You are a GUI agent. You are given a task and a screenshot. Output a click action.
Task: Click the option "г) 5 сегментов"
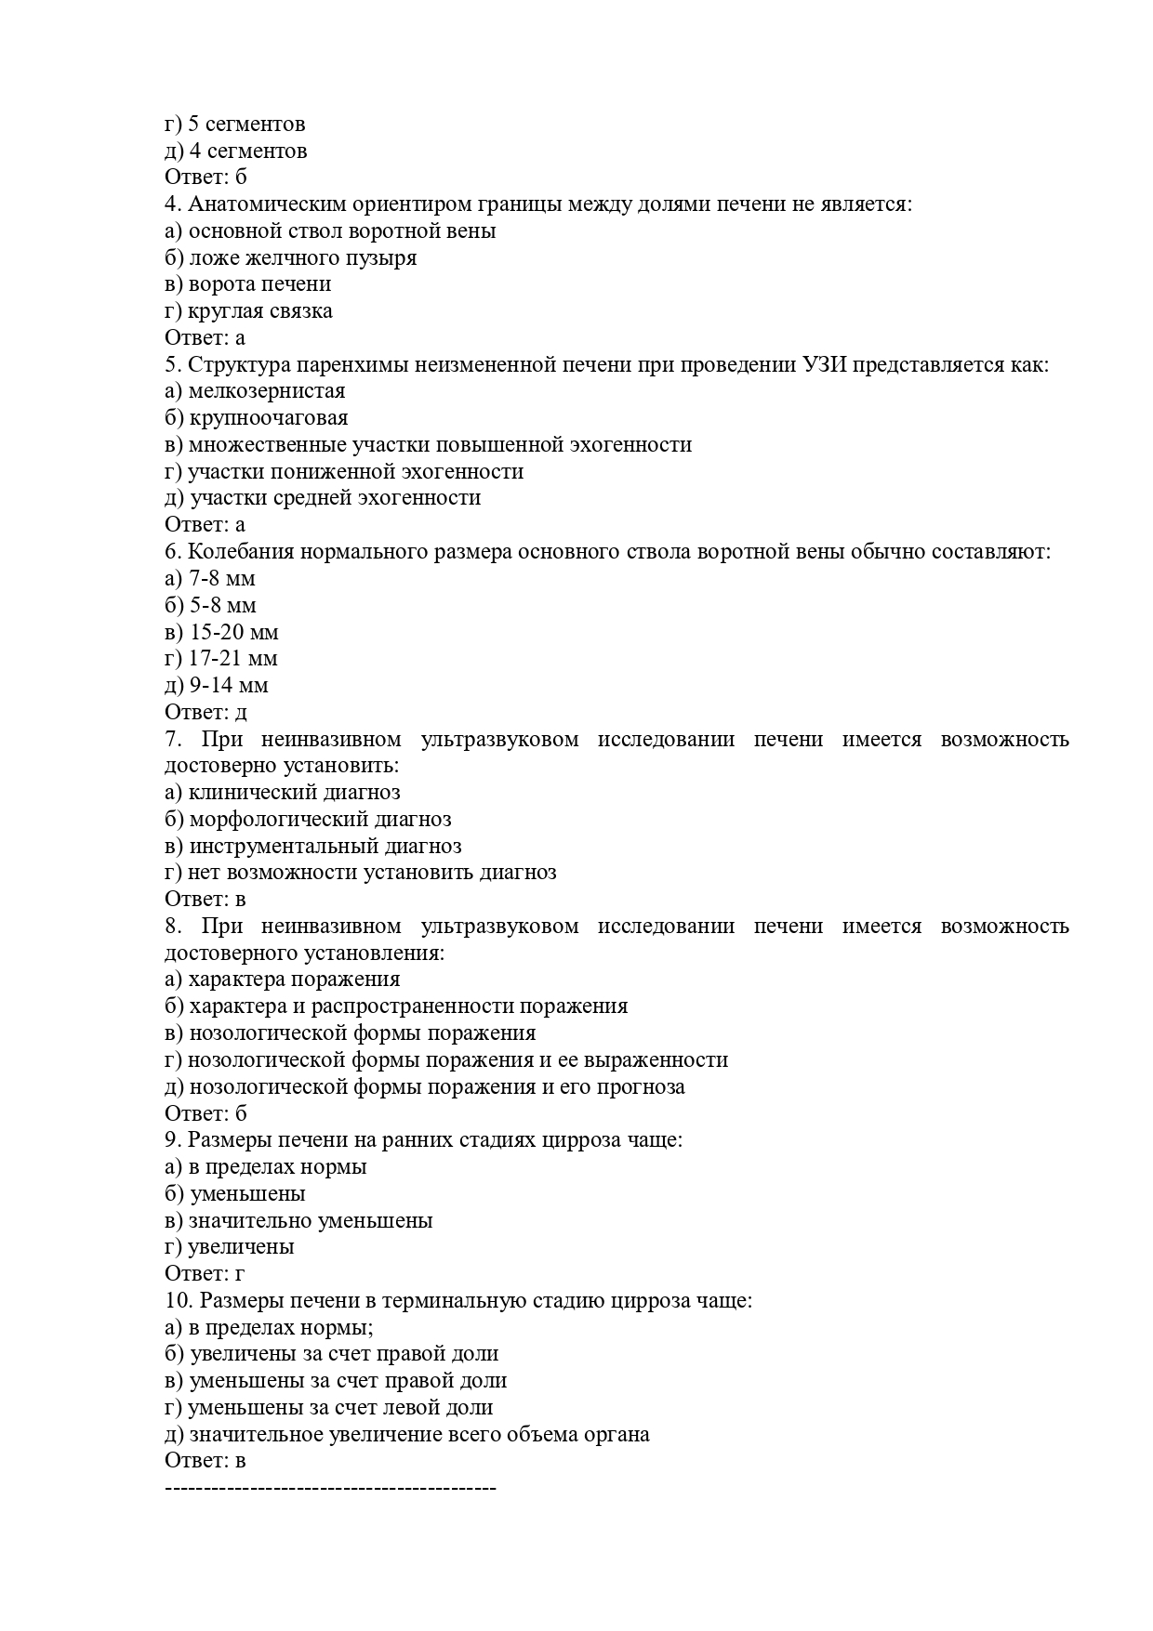click(x=234, y=124)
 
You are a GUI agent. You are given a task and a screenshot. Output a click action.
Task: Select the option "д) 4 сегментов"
click(x=235, y=151)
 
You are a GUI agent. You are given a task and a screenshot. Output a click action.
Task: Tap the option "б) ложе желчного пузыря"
click(x=290, y=257)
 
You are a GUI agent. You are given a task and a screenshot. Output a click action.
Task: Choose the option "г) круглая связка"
click(x=248, y=311)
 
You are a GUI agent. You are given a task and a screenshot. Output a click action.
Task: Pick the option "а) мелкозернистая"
click(x=255, y=391)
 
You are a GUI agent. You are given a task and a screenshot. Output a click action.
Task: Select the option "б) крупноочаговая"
click(x=257, y=418)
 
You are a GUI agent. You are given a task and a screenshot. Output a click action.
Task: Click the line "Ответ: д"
click(x=205, y=713)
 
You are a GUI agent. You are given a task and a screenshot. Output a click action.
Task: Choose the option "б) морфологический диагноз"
click(x=308, y=820)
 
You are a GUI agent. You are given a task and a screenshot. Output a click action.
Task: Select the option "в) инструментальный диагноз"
click(x=312, y=847)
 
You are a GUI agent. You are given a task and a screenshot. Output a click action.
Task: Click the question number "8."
click(x=173, y=927)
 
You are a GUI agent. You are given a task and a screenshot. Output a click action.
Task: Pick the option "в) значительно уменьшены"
click(x=298, y=1220)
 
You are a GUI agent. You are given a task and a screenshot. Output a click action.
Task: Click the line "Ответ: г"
click(x=205, y=1274)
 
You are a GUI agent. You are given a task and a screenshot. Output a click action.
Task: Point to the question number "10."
click(x=178, y=1301)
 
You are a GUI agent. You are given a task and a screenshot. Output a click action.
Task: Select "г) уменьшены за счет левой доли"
click(x=328, y=1408)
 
